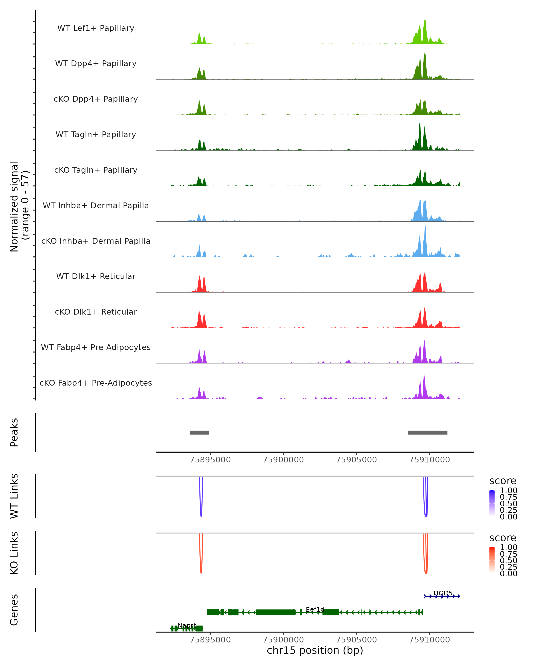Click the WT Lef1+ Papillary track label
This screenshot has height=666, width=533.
tap(96, 28)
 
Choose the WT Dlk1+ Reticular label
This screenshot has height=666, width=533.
tap(96, 276)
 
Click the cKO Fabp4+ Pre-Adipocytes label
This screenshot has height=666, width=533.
tap(96, 383)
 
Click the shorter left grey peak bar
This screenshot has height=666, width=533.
tap(199, 432)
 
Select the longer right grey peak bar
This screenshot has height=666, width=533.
tap(428, 432)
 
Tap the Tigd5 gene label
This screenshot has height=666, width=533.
tap(442, 593)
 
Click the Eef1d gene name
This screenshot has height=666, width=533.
tap(315, 609)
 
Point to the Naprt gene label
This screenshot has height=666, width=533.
tap(187, 625)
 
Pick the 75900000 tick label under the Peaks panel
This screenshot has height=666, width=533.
tap(283, 460)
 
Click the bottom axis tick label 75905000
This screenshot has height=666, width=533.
tap(356, 639)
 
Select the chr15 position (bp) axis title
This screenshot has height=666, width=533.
tap(315, 650)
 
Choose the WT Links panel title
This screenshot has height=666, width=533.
tap(14, 496)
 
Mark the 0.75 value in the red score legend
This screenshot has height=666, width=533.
tap(509, 554)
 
